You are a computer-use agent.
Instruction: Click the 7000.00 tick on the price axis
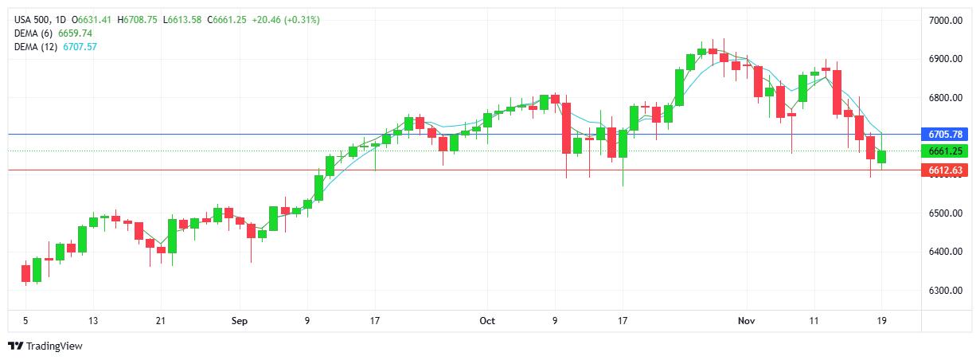coord(947,20)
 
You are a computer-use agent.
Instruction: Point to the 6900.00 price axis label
coord(947,59)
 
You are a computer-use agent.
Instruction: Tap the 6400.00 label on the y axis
coord(947,252)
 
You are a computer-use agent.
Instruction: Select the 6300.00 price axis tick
coord(947,291)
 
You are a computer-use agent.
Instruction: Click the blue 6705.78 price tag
coord(946,134)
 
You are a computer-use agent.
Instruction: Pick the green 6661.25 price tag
coord(946,151)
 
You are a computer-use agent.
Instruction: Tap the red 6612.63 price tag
coord(946,170)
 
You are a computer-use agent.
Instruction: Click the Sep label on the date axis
coord(240,321)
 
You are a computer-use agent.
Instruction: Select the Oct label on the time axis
coord(487,321)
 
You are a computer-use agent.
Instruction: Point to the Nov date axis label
coord(746,321)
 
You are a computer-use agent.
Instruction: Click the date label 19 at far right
coord(882,321)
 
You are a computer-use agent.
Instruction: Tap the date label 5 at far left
coord(25,321)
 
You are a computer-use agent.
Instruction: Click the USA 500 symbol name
coord(33,19)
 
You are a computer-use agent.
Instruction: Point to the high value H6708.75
coord(138,19)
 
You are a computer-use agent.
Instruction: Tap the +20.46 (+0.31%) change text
coord(285,19)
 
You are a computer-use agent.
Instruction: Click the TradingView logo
coord(45,346)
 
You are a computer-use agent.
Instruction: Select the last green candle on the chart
coord(882,156)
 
